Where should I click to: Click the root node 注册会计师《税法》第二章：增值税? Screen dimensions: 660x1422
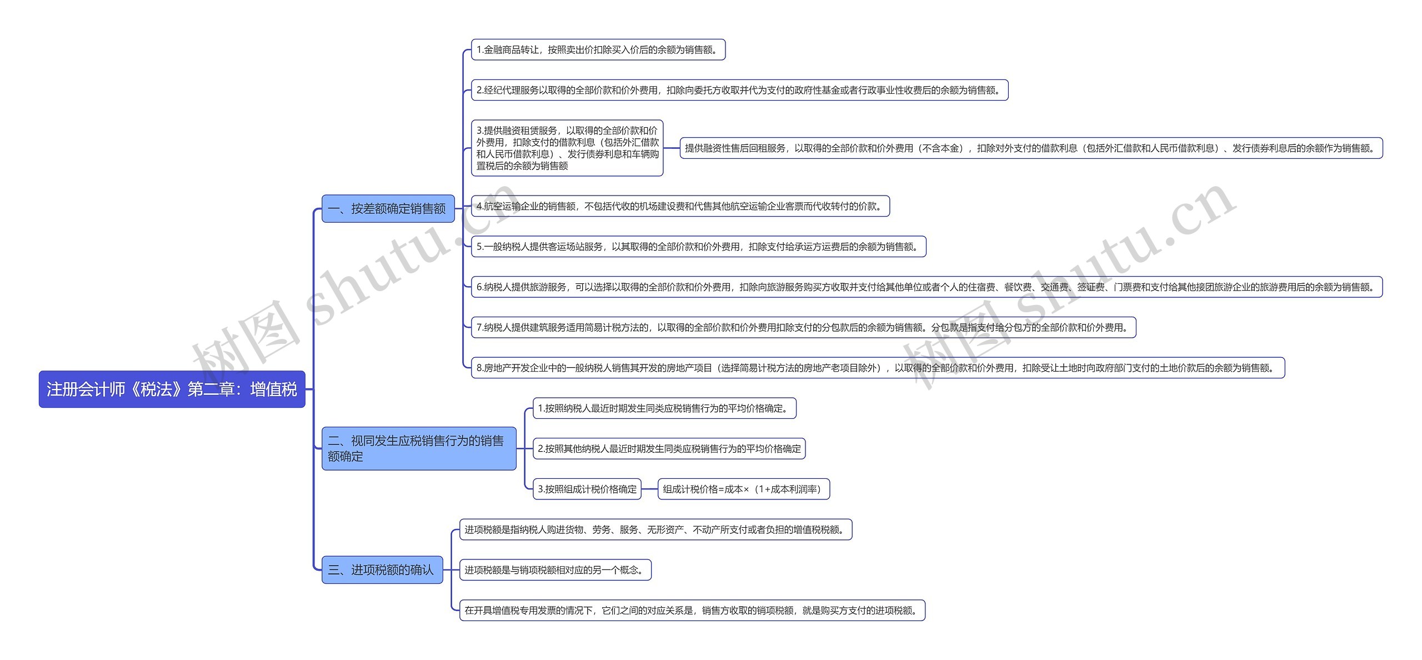click(x=172, y=389)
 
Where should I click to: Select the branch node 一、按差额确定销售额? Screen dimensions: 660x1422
click(x=388, y=209)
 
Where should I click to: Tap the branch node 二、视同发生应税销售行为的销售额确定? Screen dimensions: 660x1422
click(x=419, y=448)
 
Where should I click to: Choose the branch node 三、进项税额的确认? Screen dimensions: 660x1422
click(x=382, y=570)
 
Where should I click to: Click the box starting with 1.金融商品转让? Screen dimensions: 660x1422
click(x=598, y=50)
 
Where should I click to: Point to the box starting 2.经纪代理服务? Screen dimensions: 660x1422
click(x=739, y=90)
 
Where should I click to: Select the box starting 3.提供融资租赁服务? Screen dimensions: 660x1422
click(x=567, y=148)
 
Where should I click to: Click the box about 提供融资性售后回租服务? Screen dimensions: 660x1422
click(x=1031, y=148)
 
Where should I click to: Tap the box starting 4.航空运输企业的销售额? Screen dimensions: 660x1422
click(x=680, y=206)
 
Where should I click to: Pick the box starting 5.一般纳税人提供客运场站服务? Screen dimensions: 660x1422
click(x=698, y=247)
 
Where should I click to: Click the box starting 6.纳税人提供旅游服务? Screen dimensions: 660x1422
click(x=927, y=287)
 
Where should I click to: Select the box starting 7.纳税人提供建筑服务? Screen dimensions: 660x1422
click(x=803, y=327)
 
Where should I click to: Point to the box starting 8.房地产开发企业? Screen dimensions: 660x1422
click(x=878, y=368)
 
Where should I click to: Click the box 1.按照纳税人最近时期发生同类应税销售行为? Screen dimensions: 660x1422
click(x=664, y=408)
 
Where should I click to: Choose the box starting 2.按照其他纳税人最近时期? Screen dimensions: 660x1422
click(x=669, y=449)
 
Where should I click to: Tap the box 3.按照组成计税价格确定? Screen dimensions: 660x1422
click(x=587, y=489)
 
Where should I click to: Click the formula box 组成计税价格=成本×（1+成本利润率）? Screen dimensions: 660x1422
click(x=743, y=489)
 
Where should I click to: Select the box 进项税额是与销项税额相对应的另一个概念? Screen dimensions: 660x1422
click(x=555, y=570)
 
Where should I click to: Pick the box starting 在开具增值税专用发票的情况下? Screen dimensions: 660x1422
click(x=692, y=611)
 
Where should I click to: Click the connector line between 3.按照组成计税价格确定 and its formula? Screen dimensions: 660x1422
click(x=649, y=489)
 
